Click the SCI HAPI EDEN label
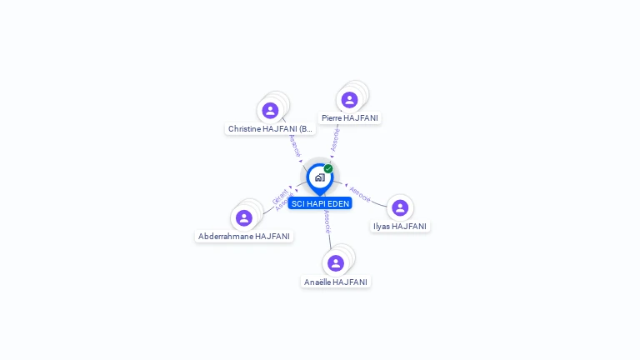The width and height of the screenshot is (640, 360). [x=320, y=203]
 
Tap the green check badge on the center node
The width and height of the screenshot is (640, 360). [x=328, y=169]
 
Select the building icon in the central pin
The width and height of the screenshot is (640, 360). [x=319, y=177]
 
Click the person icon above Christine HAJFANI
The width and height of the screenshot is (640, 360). [x=270, y=110]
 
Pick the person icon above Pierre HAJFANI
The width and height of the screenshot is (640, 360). [x=349, y=100]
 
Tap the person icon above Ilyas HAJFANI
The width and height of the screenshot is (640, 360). [x=400, y=207]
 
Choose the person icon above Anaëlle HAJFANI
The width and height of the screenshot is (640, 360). [x=336, y=263]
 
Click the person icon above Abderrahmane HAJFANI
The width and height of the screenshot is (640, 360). [x=244, y=218]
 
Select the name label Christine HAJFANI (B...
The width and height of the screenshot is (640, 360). [x=271, y=129]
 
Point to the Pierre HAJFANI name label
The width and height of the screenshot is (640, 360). [x=350, y=118]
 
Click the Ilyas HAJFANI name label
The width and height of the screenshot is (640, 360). [x=400, y=227]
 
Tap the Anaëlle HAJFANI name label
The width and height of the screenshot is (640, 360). [x=336, y=282]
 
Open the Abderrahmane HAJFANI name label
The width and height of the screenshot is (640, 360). [x=244, y=237]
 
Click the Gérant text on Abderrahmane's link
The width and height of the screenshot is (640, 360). [x=279, y=197]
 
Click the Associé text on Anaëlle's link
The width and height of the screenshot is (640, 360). [x=327, y=222]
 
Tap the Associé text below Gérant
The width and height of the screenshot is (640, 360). [x=284, y=202]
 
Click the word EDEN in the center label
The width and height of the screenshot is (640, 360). [x=338, y=203]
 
